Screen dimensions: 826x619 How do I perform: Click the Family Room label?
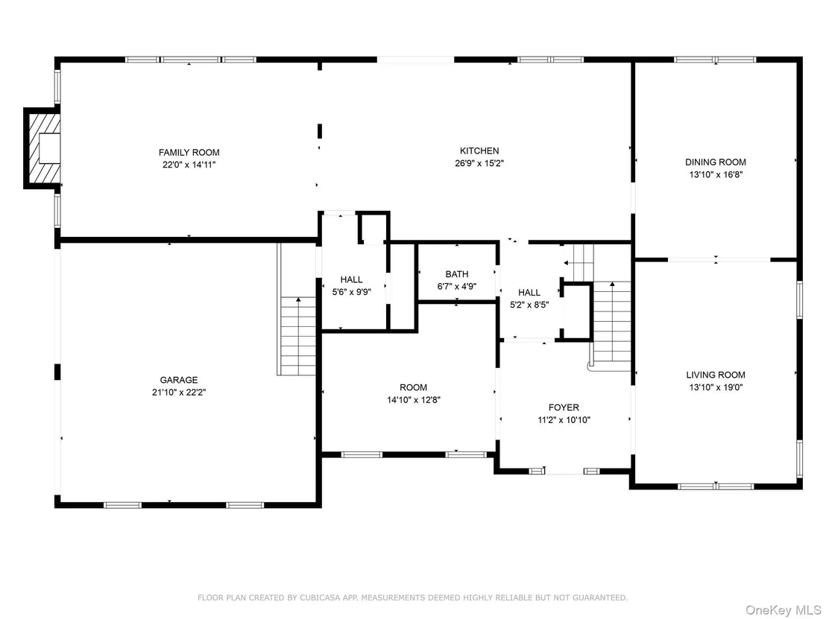(189, 153)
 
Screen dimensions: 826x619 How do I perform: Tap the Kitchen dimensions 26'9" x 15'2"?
(479, 163)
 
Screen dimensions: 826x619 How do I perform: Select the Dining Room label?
(716, 162)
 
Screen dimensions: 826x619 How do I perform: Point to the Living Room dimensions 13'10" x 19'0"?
(716, 387)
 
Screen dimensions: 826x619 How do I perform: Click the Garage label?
(179, 380)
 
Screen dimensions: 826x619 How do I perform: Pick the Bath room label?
(457, 274)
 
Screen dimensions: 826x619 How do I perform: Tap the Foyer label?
(564, 407)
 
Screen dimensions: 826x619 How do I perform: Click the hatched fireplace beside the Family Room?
(42, 148)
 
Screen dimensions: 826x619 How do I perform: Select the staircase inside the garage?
(297, 336)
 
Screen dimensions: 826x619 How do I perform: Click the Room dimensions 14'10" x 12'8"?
(414, 400)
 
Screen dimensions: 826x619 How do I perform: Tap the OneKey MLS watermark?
(784, 610)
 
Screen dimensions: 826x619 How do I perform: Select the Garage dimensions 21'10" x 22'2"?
(179, 392)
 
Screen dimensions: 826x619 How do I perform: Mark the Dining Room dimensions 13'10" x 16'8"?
(716, 175)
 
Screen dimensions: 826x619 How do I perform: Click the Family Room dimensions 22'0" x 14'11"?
(189, 165)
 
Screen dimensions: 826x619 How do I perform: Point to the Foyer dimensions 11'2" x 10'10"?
(564, 420)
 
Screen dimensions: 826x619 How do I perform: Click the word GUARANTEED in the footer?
(601, 597)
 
